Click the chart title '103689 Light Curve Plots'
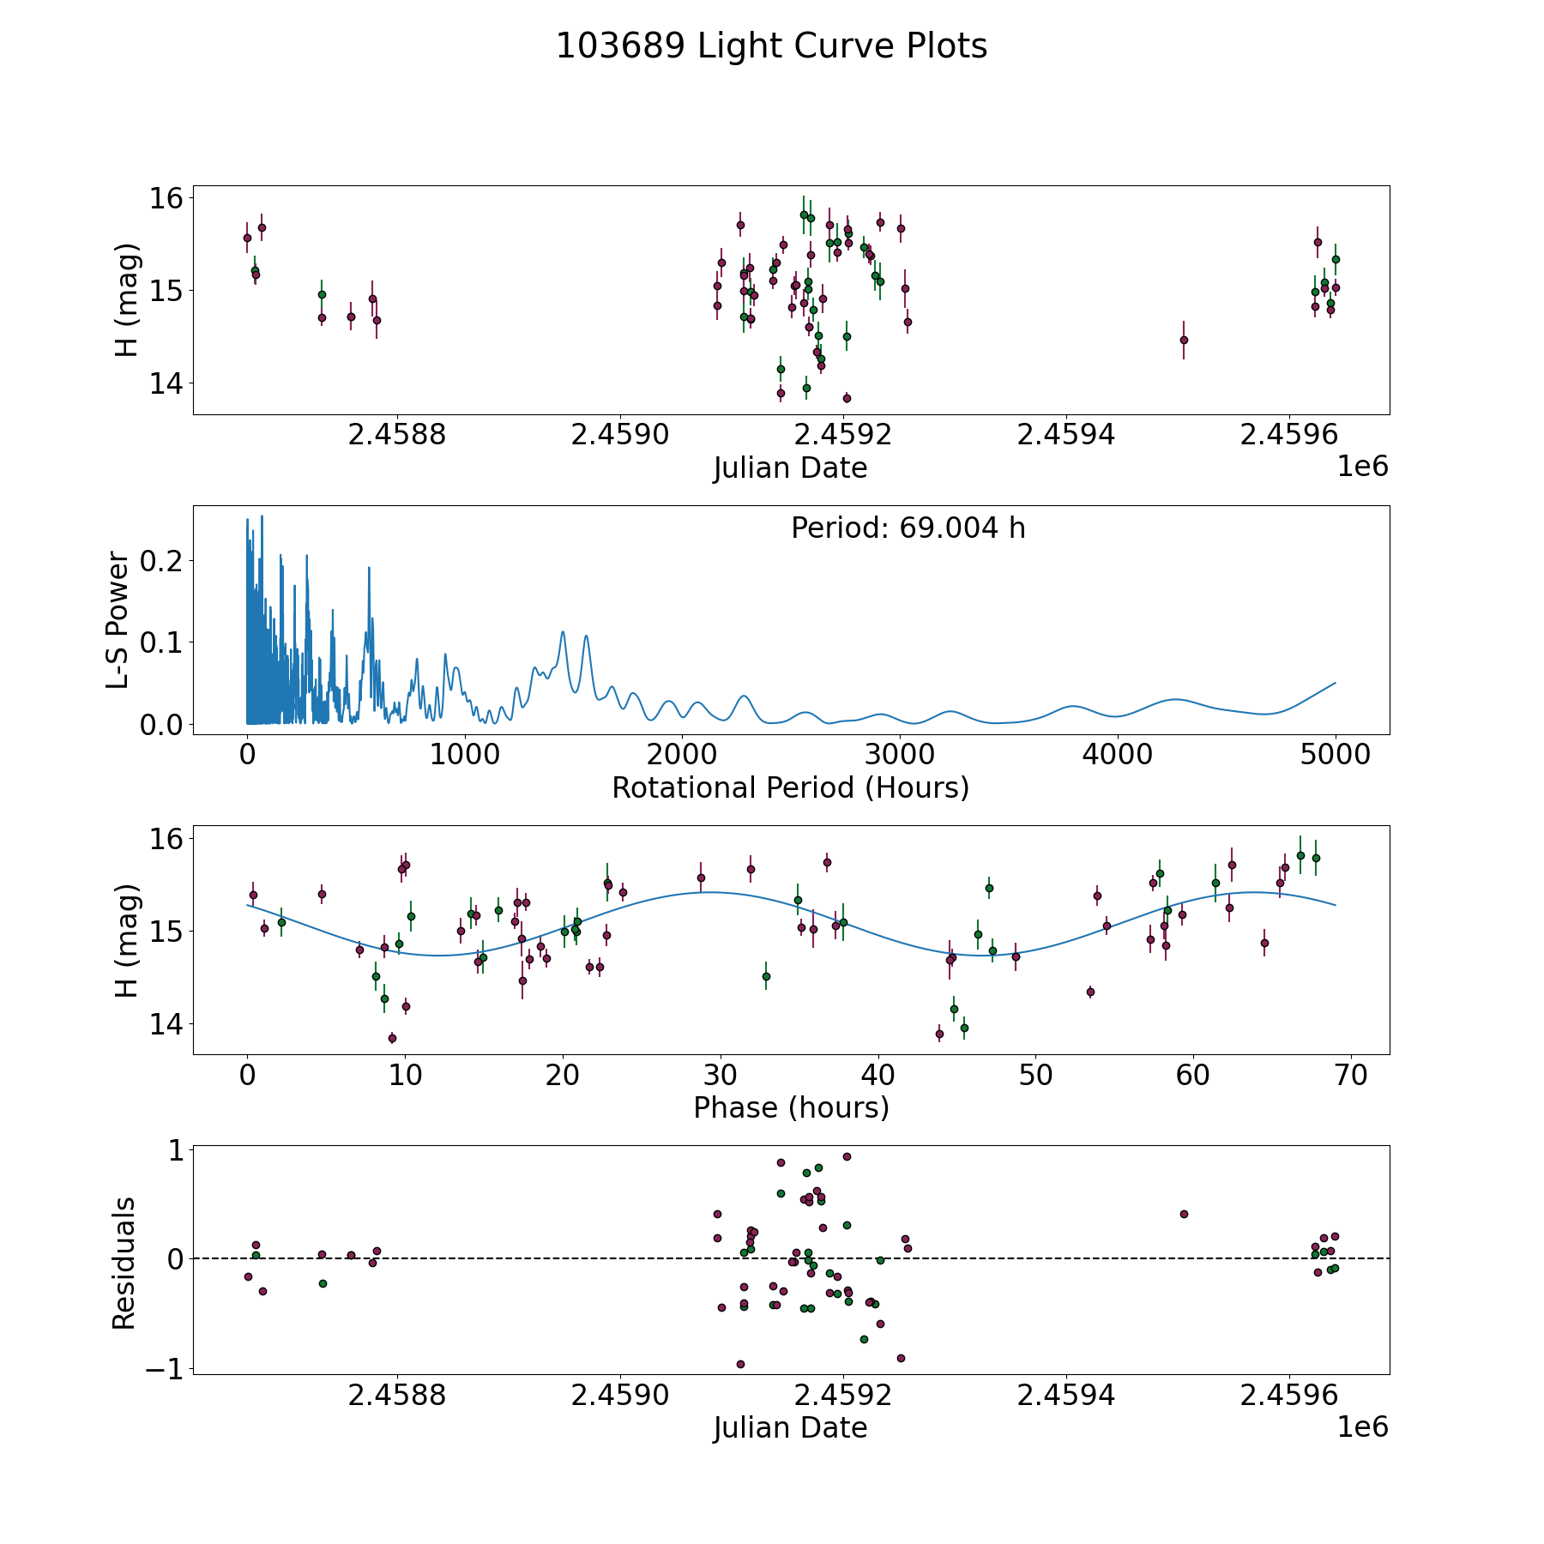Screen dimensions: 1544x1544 [x=771, y=46]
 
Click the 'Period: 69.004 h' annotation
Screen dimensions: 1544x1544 [x=908, y=528]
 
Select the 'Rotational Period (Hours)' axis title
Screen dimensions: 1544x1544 [x=790, y=787]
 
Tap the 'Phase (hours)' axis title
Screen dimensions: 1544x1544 [x=791, y=1107]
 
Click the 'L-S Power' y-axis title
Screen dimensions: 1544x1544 [x=118, y=620]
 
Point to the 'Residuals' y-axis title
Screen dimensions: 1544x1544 [x=124, y=1264]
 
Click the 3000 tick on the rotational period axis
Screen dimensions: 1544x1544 [x=900, y=755]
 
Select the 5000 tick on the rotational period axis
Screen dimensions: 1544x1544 [x=1336, y=755]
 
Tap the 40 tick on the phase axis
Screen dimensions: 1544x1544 [x=878, y=1075]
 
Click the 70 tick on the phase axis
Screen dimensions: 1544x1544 [x=1351, y=1075]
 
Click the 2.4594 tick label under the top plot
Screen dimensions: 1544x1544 [x=1066, y=435]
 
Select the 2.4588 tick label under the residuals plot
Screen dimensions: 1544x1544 [x=397, y=1395]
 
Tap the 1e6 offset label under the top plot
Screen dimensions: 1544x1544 [x=1363, y=467]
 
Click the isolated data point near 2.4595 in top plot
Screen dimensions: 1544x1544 [x=1184, y=340]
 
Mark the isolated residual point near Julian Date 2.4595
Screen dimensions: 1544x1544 [x=1184, y=1214]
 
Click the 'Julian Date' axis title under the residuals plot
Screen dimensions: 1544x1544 [x=790, y=1427]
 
